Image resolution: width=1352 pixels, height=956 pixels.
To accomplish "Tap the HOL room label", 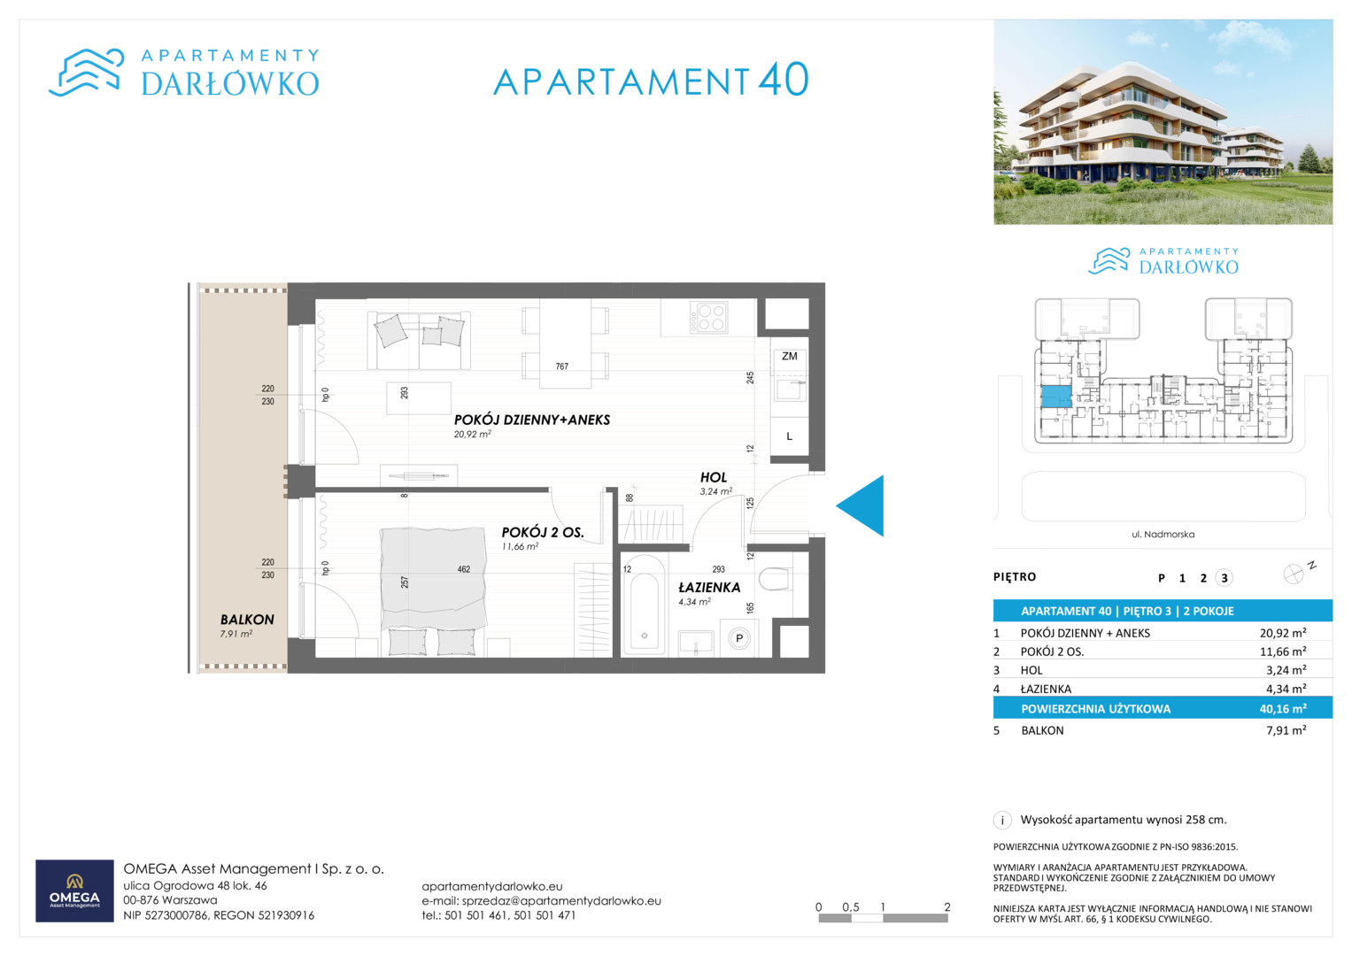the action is click(714, 477).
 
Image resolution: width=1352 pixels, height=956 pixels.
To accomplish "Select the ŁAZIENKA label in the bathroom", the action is click(709, 587).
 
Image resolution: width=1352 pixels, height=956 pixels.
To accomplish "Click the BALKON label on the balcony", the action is click(247, 620).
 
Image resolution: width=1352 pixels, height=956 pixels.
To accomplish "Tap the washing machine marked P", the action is click(738, 638).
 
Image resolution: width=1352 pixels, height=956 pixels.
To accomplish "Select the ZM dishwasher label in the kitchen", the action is click(790, 356).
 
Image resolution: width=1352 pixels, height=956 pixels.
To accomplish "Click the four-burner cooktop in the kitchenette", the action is click(709, 318).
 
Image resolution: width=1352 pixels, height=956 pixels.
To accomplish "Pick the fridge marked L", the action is click(790, 436).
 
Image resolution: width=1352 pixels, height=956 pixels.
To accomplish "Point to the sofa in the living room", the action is click(419, 341).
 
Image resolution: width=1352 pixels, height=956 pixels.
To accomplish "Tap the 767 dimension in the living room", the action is click(562, 366).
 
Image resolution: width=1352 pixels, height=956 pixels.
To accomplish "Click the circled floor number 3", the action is click(1225, 577).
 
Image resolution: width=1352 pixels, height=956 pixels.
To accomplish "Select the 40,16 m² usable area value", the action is click(1283, 708).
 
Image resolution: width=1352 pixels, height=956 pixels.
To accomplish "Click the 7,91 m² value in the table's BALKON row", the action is click(1286, 730).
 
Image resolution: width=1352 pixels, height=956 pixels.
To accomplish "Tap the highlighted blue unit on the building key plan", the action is click(1056, 397).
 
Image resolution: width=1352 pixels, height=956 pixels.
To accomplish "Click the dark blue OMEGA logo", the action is click(75, 890).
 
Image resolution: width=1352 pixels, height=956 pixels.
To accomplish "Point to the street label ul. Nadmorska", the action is click(1163, 534).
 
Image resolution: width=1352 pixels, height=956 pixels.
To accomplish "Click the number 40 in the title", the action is click(784, 80).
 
